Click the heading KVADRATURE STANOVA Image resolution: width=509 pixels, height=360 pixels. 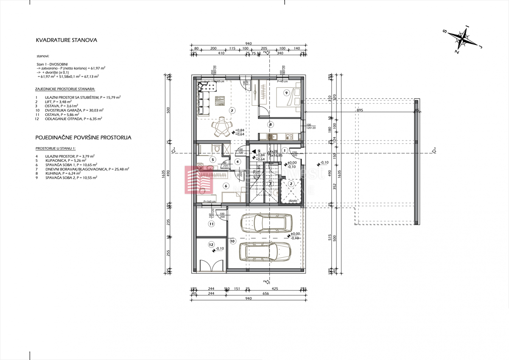tap(67, 40)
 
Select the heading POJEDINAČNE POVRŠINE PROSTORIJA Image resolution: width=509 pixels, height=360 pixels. tap(84, 138)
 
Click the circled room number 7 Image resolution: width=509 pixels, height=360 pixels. tap(232, 110)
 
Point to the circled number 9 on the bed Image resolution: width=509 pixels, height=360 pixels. tap(287, 93)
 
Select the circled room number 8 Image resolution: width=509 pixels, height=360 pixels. tap(270, 125)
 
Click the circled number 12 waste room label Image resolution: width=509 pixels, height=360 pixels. tap(211, 245)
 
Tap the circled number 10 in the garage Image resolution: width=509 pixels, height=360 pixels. tap(232, 241)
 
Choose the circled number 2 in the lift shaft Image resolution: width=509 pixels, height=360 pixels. tap(291, 183)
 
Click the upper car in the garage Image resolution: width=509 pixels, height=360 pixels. tap(266, 222)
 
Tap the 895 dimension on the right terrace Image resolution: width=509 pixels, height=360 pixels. tap(359, 111)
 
